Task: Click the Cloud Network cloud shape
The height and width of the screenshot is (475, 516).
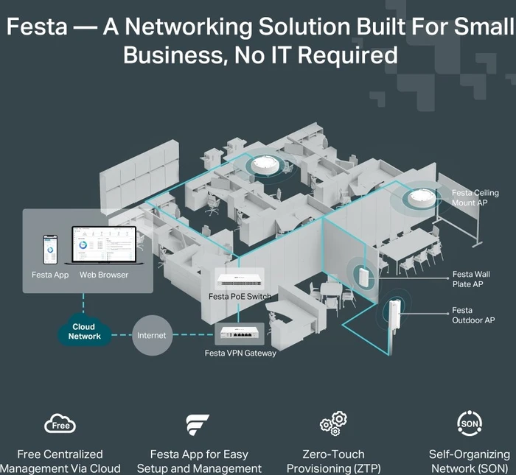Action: point(84,330)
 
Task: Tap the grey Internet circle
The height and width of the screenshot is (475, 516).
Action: point(152,335)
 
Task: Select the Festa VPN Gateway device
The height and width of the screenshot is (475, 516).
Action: point(240,332)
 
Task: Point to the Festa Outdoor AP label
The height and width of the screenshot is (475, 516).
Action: point(473,315)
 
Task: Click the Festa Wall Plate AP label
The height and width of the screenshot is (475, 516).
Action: point(471,279)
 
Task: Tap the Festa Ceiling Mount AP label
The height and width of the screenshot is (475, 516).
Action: point(475,197)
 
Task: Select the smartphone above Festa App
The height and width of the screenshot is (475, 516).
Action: point(50,250)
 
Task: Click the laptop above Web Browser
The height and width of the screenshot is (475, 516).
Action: point(104,245)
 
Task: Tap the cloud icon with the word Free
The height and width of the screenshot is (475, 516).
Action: point(60,424)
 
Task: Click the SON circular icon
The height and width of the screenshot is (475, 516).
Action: point(470,423)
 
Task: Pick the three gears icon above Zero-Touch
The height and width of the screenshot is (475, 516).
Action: point(333,423)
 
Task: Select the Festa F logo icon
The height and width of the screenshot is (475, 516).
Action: point(197,425)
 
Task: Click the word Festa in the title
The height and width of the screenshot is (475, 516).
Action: point(37,27)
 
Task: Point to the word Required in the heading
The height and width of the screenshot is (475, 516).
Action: point(348,55)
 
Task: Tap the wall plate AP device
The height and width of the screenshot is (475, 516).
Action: point(363,276)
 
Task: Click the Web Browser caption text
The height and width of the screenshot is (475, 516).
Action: point(104,275)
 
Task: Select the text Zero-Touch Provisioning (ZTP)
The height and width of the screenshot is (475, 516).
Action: point(333,461)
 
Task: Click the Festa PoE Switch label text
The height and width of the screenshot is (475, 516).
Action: point(240,297)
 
